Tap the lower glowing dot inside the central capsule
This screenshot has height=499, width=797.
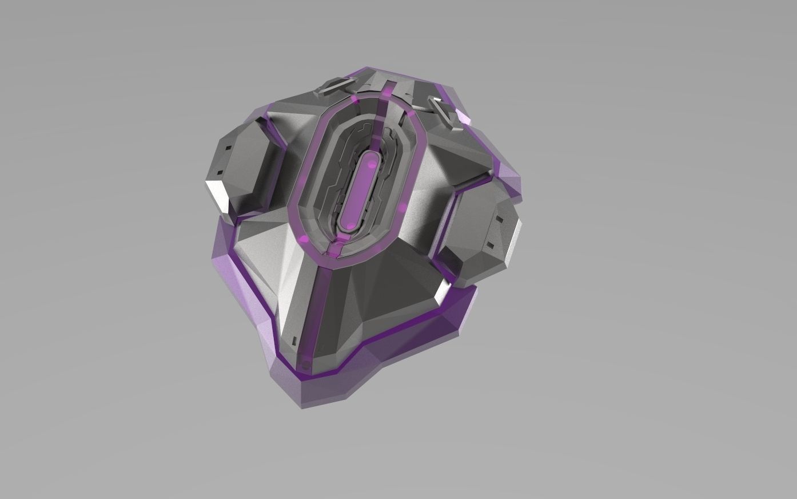tap(348, 226)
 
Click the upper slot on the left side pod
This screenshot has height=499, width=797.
tap(227, 148)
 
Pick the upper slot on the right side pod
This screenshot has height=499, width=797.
tap(499, 220)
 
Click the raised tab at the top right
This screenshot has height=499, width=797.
tap(443, 106)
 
